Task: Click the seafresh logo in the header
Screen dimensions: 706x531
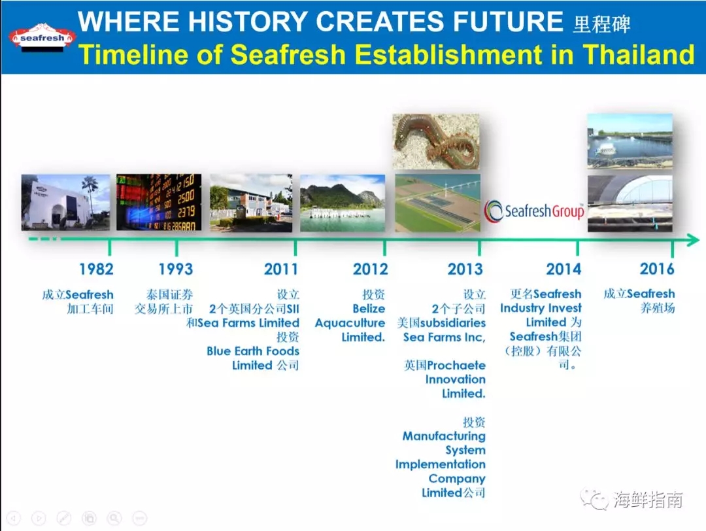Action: coord(42,37)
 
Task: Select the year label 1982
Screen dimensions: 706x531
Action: coord(96,269)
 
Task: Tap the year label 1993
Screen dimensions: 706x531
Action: coord(176,269)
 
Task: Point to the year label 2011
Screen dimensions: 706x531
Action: coord(281,269)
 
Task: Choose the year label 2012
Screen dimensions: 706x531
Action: coord(370,269)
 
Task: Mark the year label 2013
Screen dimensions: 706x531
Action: coord(465,269)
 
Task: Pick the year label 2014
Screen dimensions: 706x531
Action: coord(563,269)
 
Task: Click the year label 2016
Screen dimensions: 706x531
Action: coord(657,269)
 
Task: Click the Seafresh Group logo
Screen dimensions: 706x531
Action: coord(535,211)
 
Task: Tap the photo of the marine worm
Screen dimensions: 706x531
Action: coord(436,141)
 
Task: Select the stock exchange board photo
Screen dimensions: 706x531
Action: coord(159,202)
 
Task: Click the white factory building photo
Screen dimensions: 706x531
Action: coord(66,202)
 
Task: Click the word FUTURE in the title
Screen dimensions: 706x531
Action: coord(508,21)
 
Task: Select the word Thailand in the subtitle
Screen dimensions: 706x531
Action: coord(639,54)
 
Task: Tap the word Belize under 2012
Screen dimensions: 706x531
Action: coord(369,309)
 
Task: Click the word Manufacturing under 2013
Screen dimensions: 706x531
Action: coord(444,436)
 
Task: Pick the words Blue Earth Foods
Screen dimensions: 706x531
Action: coord(253,351)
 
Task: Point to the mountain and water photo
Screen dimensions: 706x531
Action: coord(343,203)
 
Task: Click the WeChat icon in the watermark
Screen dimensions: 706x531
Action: coord(594,499)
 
